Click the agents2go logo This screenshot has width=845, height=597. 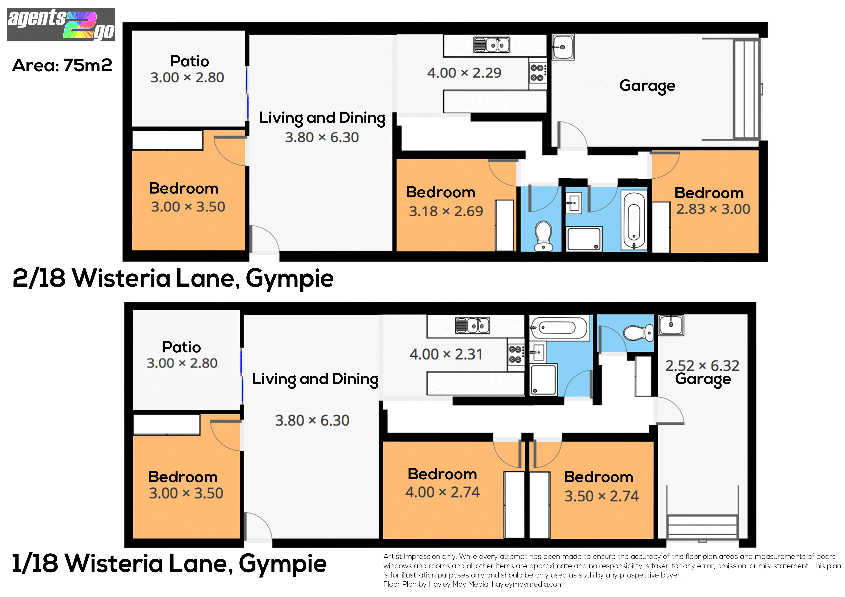[x=61, y=25]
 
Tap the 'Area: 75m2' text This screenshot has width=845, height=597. [x=62, y=65]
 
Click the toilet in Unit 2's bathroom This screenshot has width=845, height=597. [x=543, y=236]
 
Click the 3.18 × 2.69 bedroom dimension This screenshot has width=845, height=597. [x=446, y=211]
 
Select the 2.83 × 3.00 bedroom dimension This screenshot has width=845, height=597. [x=713, y=209]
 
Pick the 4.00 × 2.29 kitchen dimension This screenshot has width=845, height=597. [x=464, y=73]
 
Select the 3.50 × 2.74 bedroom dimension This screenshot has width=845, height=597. [x=602, y=496]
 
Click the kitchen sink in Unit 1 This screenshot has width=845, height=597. [x=473, y=325]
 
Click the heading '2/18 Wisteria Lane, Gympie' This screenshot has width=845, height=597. [x=173, y=279]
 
